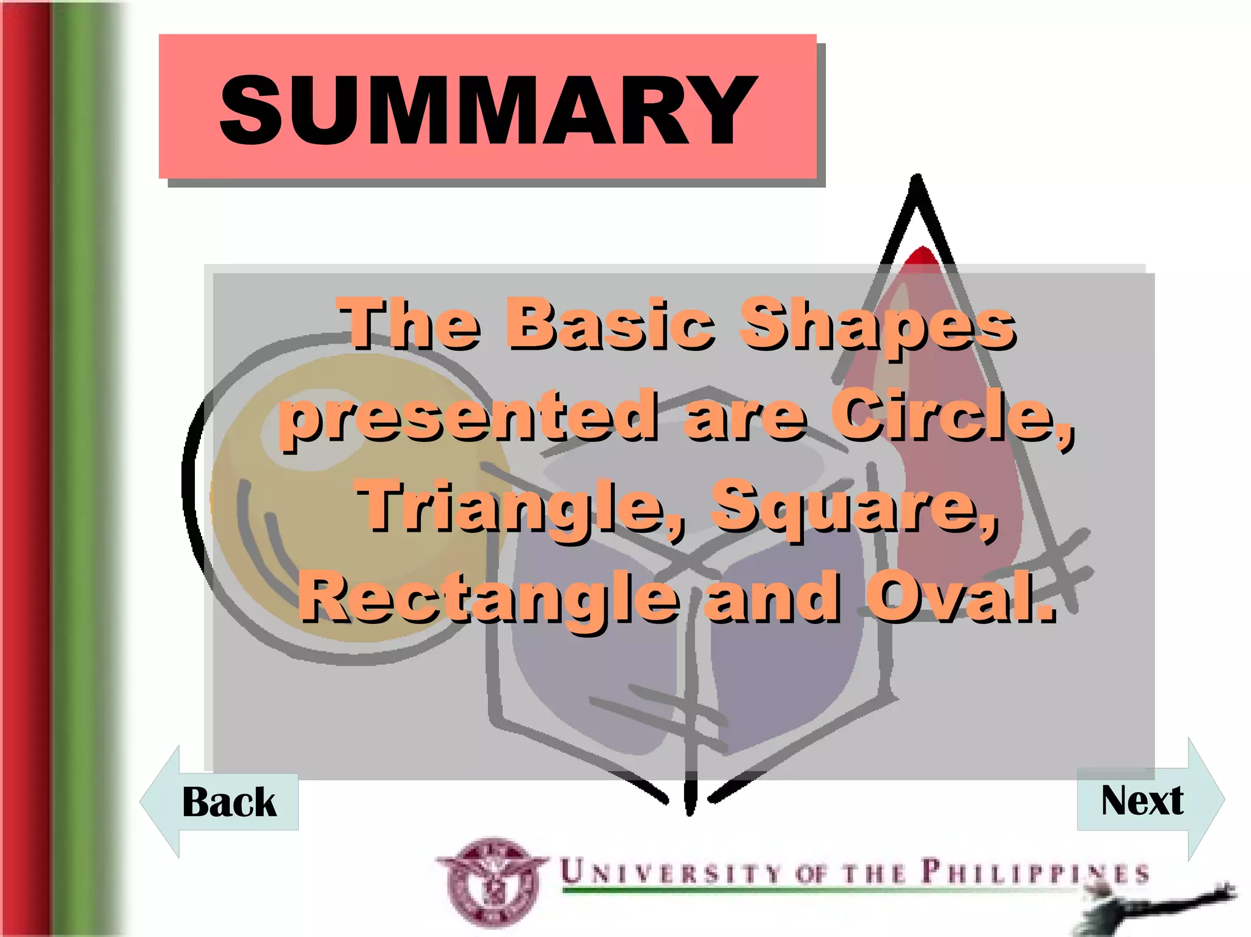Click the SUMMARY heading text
pos(487,110)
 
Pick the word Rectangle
pos(489,597)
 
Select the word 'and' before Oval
pos(771,597)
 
